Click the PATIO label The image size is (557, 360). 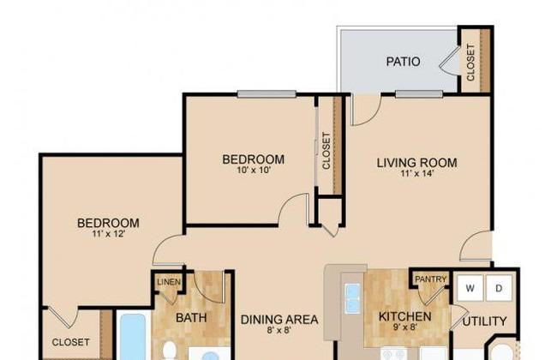[403, 62]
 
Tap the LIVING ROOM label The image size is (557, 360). [416, 163]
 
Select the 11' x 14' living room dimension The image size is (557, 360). [416, 173]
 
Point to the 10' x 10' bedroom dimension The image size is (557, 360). [254, 170]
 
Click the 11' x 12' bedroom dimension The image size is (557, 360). [108, 233]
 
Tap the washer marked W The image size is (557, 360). [470, 288]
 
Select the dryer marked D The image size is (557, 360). [499, 288]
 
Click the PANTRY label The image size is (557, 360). [430, 279]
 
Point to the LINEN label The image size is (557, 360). [169, 282]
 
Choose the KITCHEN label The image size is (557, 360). [405, 316]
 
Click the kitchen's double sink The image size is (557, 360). [353, 298]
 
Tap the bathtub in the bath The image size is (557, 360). [133, 337]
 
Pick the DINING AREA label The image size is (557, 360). [279, 320]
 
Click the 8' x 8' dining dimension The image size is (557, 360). [279, 331]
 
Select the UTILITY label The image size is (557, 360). [484, 321]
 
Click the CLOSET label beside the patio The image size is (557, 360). [470, 63]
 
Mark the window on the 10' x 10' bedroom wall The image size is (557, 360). [267, 93]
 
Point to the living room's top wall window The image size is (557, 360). [419, 93]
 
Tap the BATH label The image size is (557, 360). [191, 318]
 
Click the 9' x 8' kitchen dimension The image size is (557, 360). [405, 327]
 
